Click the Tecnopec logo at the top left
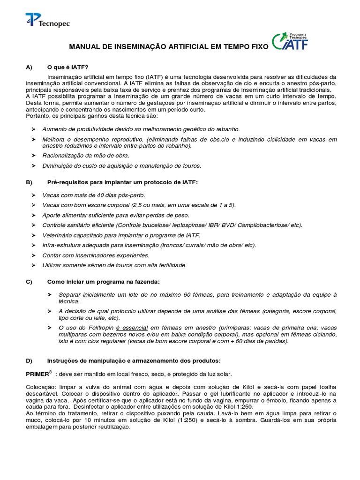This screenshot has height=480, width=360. [x=47, y=21]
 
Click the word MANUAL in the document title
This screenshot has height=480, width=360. [x=86, y=47]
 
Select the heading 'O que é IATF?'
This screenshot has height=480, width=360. [x=67, y=67]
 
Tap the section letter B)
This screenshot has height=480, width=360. [x=29, y=182]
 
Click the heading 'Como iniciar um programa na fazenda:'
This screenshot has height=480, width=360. [x=103, y=282]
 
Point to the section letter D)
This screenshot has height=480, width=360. [x=29, y=360]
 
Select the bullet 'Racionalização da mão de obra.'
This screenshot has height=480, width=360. [x=86, y=155]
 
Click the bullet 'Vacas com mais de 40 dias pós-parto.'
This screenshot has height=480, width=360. [x=94, y=195]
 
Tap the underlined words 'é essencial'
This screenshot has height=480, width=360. [x=132, y=327]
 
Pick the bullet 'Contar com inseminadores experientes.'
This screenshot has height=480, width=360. [x=96, y=255]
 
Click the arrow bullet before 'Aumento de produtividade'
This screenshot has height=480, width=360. [x=33, y=128]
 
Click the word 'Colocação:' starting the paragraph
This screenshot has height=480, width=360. [x=41, y=387]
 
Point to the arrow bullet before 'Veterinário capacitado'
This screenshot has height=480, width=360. [x=33, y=235]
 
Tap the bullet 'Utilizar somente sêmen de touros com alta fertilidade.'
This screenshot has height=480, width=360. [x=114, y=265]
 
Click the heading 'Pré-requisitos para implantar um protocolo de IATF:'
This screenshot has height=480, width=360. [x=123, y=182]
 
